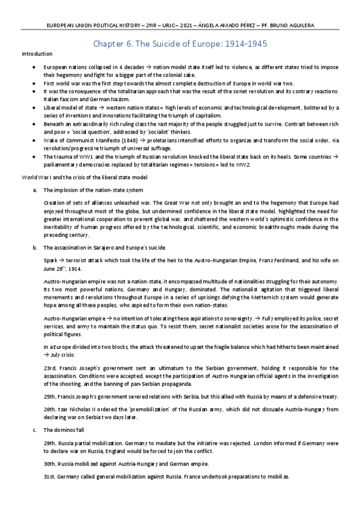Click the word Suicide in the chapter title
click(153, 44)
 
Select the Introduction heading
click(37, 54)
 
